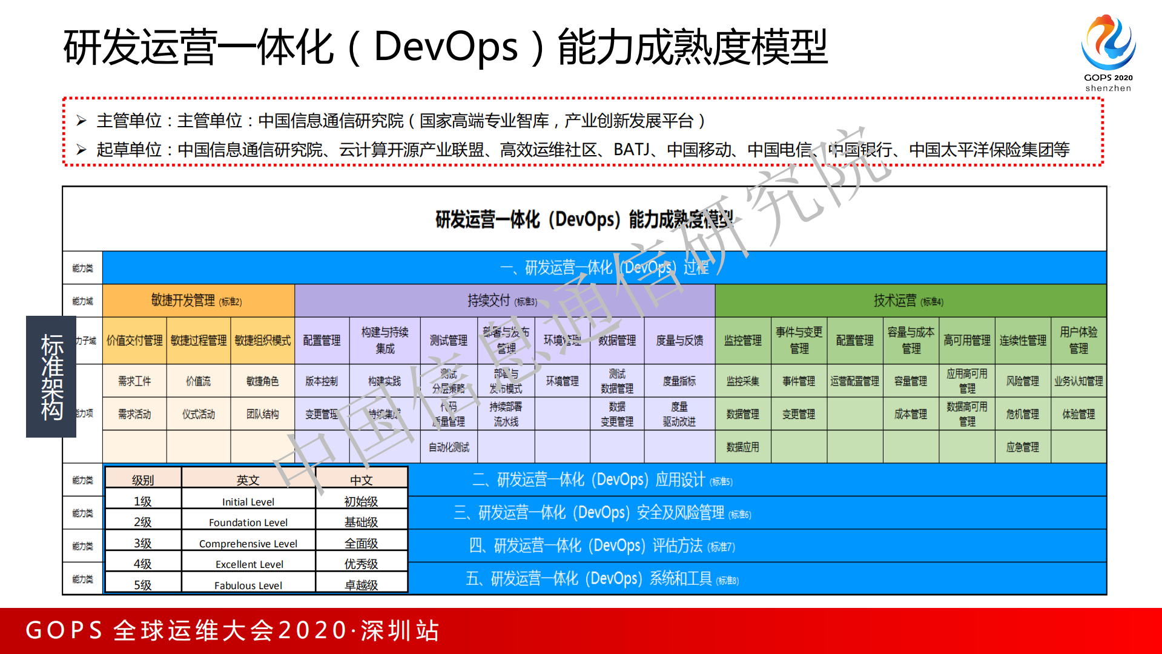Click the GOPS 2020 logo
point(1108,52)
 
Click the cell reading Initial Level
point(248,502)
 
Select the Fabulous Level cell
point(248,585)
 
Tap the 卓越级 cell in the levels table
point(361,585)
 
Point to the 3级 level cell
point(143,543)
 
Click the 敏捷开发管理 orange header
point(197,301)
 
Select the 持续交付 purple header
point(503,301)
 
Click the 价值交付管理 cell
point(134,341)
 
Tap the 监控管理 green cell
point(743,341)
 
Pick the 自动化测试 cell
point(449,447)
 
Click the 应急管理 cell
point(1023,447)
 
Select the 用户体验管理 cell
point(1078,340)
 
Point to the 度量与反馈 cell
point(679,341)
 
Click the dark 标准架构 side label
point(51,376)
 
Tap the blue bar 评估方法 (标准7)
point(602,546)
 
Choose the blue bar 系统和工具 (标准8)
point(602,579)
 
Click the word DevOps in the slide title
point(446,47)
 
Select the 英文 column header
point(248,480)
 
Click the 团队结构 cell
point(263,414)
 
